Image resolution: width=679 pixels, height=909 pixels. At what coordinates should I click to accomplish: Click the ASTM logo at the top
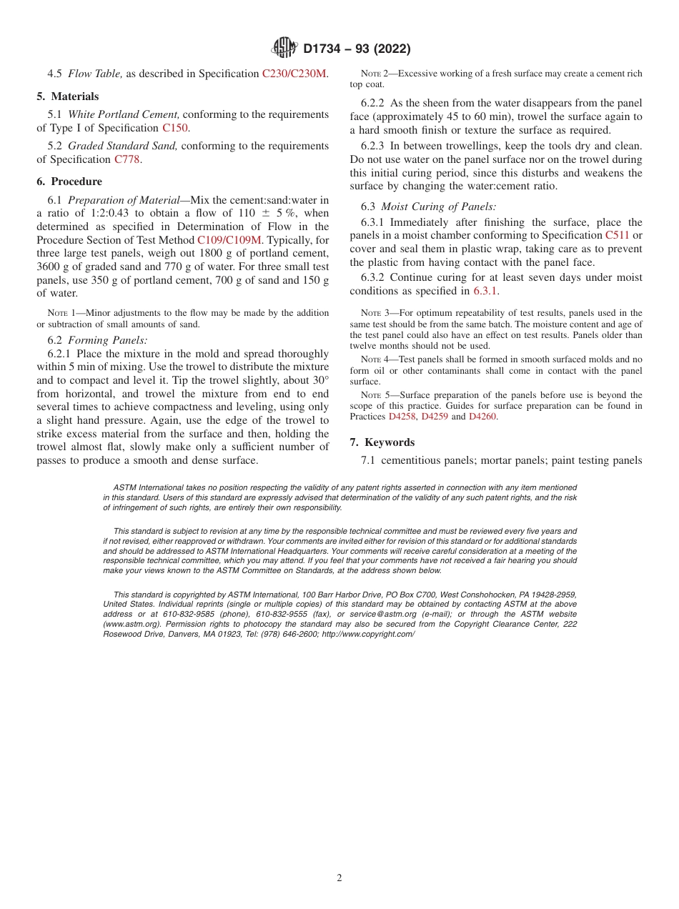(x=285, y=49)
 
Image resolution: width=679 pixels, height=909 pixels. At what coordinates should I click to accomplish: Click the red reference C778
(x=127, y=159)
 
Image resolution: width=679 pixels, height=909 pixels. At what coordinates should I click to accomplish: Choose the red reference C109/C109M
(x=229, y=239)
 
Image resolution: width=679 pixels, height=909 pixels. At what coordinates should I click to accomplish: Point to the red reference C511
(x=617, y=235)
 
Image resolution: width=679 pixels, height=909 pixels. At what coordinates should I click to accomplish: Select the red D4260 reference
(x=482, y=417)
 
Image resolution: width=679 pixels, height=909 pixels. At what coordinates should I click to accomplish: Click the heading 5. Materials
(x=68, y=96)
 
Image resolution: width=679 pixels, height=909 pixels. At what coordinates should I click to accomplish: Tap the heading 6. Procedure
(x=69, y=182)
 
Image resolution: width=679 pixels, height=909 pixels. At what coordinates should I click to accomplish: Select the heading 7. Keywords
(x=382, y=442)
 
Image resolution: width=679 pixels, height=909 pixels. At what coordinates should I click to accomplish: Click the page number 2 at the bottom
(x=339, y=878)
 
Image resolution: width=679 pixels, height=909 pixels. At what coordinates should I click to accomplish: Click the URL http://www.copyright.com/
(x=367, y=634)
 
